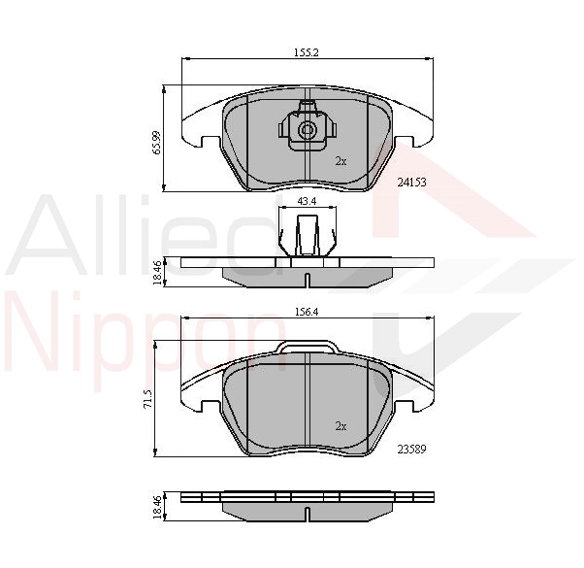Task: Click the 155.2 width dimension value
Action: [x=307, y=52]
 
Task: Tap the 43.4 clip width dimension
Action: [x=307, y=201]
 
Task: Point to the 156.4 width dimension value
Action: [x=306, y=312]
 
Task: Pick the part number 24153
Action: [x=411, y=183]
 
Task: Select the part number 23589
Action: [x=411, y=450]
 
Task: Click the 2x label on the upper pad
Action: [x=341, y=161]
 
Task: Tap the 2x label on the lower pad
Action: [x=341, y=426]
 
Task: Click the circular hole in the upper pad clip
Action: [x=308, y=130]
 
